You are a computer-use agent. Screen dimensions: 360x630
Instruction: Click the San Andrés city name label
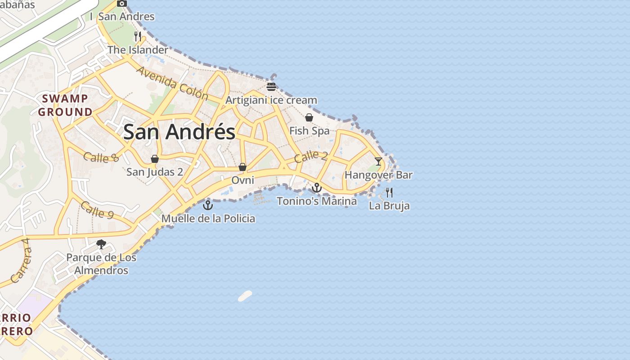179,132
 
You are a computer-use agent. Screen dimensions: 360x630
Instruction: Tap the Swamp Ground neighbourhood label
65,105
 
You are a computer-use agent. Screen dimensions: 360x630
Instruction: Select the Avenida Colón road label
172,84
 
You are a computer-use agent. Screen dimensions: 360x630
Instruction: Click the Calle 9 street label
97,210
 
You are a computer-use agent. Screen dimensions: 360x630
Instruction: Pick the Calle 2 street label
310,157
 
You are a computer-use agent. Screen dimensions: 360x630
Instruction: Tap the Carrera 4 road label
21,261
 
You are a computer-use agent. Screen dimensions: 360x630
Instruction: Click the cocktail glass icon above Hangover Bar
378,161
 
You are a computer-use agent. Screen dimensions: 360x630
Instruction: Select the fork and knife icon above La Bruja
389,193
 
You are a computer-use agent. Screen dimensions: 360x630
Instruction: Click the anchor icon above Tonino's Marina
317,188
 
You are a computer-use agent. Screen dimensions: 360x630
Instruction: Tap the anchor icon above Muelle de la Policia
208,206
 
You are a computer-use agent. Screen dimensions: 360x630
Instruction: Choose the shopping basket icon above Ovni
243,167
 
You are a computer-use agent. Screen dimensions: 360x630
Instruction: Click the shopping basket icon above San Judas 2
155,159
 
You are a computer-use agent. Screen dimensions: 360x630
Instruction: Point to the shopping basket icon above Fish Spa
309,117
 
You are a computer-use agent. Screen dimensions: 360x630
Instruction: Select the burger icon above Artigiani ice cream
271,87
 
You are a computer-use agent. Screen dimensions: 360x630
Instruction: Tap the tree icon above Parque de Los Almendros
101,244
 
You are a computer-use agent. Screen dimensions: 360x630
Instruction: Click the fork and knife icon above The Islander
138,36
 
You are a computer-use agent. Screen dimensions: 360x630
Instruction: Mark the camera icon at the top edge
121,3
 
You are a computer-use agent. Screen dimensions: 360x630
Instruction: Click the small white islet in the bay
245,296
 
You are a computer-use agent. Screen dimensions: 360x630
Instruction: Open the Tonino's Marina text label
317,201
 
